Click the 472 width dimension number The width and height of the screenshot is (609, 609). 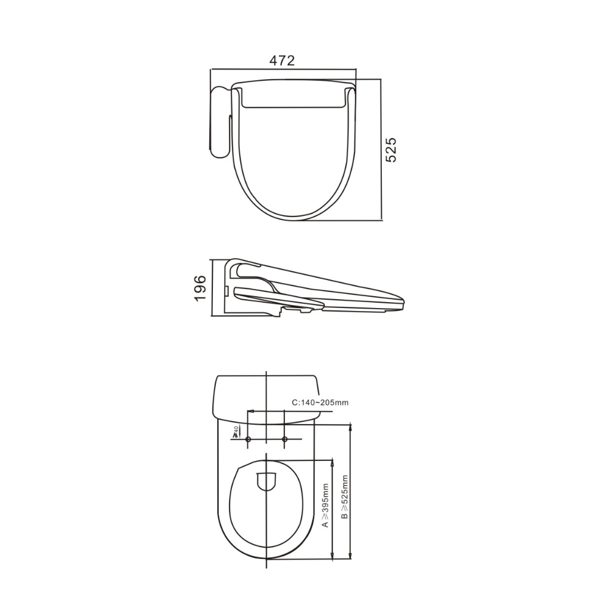[282, 61]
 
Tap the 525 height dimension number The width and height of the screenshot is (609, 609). [391, 150]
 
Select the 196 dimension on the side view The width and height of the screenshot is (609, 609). [200, 288]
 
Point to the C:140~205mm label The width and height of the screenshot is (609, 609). [320, 403]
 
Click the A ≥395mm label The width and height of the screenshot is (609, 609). [325, 506]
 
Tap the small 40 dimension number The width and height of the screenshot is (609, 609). [236, 429]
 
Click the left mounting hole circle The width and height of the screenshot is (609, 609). [249, 440]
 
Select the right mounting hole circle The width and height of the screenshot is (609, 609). [285, 440]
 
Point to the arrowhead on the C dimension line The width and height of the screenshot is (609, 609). [250, 411]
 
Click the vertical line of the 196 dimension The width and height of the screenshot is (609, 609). [212, 288]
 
